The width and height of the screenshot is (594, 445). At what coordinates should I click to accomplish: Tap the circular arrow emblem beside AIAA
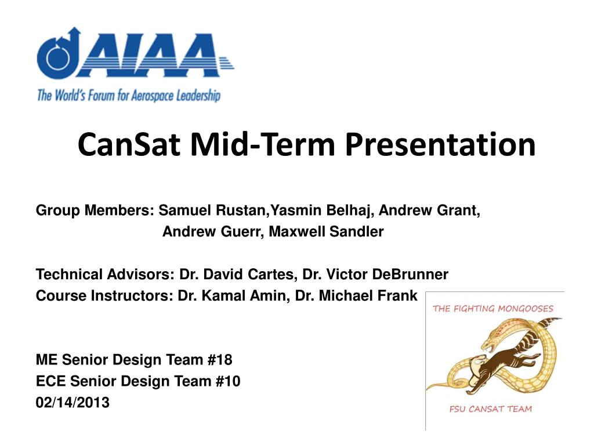(x=55, y=54)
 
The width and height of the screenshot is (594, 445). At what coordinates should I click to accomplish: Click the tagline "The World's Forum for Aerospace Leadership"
(x=128, y=95)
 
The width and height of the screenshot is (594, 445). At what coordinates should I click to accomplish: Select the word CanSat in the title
(x=133, y=145)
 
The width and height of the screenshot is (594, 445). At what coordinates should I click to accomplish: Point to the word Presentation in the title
(x=440, y=145)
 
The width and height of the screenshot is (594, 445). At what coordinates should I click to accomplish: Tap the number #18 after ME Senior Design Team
(x=219, y=360)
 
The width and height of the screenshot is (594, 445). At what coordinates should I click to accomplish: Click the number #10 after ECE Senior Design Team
(x=227, y=381)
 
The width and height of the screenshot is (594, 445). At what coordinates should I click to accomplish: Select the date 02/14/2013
(x=73, y=402)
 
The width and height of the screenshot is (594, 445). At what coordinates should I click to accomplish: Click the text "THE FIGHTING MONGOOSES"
(x=493, y=308)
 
